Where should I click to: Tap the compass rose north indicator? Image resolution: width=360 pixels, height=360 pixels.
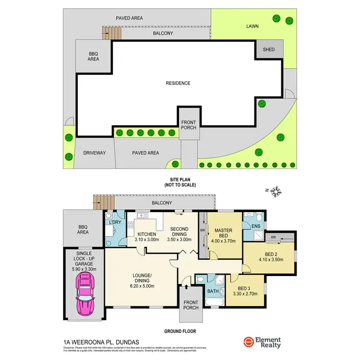click(276, 192)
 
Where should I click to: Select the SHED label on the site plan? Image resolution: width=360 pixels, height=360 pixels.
click(268, 49)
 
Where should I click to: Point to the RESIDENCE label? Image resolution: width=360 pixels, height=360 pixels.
click(178, 83)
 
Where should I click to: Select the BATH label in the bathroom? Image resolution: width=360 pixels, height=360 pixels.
click(213, 291)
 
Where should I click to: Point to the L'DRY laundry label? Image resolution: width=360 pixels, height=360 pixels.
click(115, 222)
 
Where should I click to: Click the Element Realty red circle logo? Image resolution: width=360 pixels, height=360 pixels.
click(248, 342)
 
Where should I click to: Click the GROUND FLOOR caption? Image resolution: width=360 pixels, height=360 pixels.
click(180, 331)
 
